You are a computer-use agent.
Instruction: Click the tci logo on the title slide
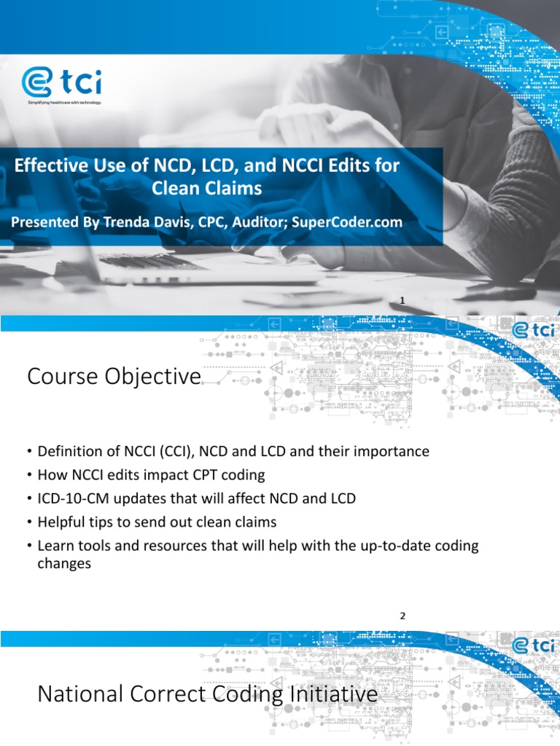coord(61,83)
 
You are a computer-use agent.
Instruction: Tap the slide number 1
coord(402,300)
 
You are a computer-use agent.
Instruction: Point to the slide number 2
coord(401,616)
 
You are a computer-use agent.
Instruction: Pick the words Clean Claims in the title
coord(206,189)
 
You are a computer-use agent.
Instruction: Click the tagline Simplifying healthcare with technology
coord(64,103)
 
